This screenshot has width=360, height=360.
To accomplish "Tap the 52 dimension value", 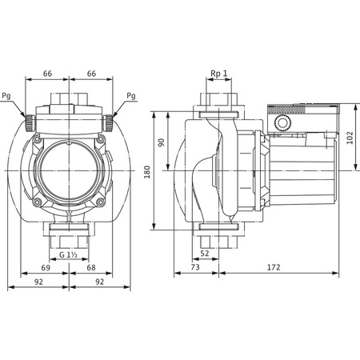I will (204, 254).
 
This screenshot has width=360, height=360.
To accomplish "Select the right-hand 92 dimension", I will (101, 282).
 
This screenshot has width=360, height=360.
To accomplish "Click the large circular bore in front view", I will (70, 170).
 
